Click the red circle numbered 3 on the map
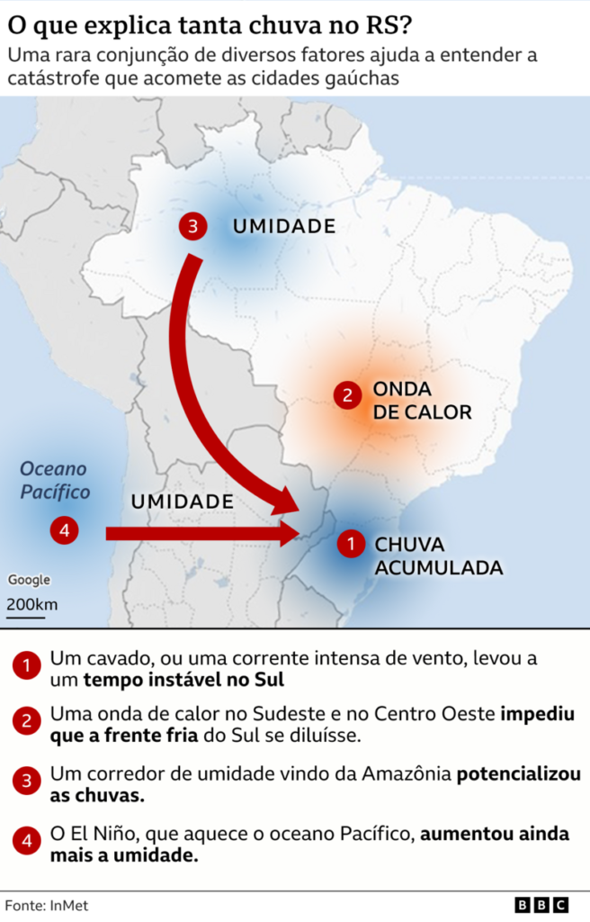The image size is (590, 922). (192, 226)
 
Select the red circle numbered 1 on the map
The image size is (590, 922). (350, 544)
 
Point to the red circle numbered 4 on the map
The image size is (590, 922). (64, 530)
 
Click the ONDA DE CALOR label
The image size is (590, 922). (421, 401)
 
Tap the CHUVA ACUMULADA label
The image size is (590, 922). (438, 556)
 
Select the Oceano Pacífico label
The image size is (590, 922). (55, 480)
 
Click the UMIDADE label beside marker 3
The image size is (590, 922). (284, 226)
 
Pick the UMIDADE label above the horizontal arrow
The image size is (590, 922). (183, 502)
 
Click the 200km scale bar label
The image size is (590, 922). (31, 603)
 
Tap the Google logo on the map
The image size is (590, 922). (30, 580)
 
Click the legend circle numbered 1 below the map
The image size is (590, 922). (27, 667)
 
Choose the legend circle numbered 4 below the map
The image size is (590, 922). (27, 842)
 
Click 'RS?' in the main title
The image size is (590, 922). (388, 21)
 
